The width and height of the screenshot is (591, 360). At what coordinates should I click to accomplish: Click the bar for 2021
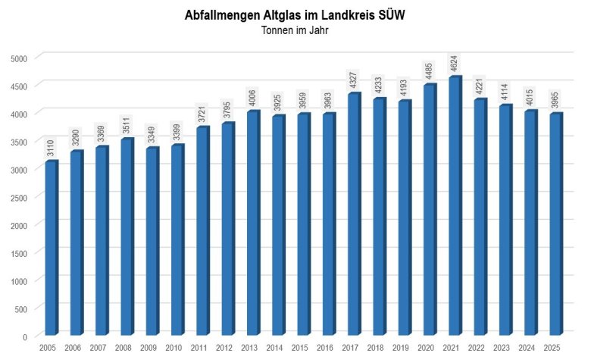[455, 206]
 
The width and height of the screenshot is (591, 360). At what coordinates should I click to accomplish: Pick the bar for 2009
[152, 242]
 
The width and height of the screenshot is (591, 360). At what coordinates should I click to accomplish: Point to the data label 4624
[455, 64]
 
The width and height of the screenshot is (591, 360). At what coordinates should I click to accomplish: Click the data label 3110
[51, 149]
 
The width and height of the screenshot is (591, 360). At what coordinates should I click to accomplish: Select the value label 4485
[430, 72]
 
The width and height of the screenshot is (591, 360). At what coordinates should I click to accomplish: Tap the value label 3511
[127, 127]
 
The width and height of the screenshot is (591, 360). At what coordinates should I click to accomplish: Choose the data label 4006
[253, 99]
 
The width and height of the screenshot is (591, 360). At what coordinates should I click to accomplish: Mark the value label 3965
[555, 101]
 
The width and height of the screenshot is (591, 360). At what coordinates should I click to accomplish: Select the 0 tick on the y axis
[25, 337]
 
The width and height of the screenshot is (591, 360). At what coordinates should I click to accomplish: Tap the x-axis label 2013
[249, 347]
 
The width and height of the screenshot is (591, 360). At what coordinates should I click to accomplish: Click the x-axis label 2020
[426, 347]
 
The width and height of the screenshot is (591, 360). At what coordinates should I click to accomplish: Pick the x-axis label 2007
[98, 347]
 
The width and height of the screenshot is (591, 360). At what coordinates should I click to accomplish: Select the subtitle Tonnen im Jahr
[295, 31]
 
